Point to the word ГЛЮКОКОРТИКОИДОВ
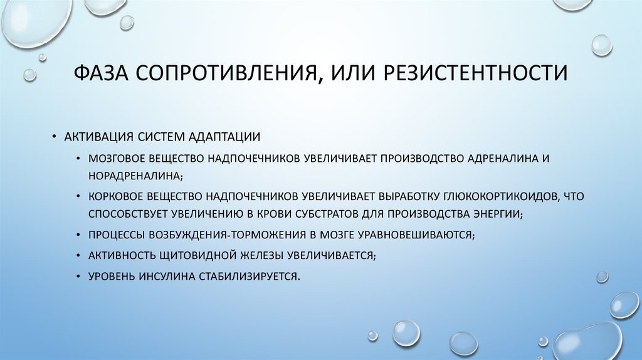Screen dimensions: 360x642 tap(481, 196)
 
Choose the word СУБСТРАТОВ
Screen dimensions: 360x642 tap(328, 214)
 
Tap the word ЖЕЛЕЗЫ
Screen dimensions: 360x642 tap(255, 256)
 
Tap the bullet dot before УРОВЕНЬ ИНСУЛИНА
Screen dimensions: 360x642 tap(76, 276)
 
